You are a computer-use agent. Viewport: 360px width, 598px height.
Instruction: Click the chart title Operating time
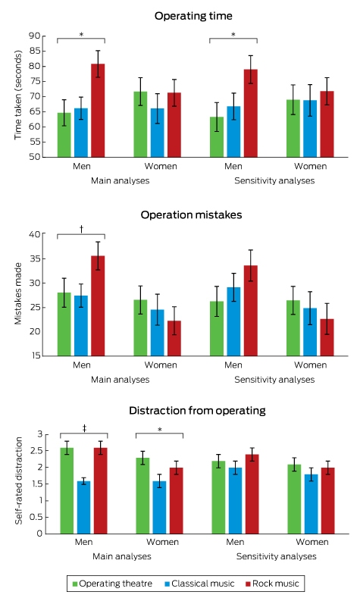click(193, 16)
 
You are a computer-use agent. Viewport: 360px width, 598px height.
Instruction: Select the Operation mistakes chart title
click(191, 215)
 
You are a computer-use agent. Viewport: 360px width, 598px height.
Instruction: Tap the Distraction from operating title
click(197, 411)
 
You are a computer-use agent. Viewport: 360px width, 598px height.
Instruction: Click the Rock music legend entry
click(272, 584)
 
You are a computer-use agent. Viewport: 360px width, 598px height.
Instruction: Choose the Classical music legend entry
click(199, 584)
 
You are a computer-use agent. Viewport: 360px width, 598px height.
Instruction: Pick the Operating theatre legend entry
click(112, 584)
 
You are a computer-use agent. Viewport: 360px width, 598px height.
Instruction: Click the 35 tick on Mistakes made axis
click(34, 258)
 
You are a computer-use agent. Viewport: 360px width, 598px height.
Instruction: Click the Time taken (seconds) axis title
click(18, 95)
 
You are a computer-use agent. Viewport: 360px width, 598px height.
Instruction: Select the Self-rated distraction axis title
click(18, 481)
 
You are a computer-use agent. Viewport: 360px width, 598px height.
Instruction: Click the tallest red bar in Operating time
click(98, 110)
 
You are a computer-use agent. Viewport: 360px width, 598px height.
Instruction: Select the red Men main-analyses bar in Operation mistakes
click(98, 306)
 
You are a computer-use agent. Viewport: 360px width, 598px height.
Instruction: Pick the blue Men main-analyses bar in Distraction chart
click(83, 508)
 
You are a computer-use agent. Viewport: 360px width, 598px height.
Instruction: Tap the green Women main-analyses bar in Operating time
click(140, 124)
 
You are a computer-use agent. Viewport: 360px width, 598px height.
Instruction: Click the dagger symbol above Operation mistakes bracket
click(81, 229)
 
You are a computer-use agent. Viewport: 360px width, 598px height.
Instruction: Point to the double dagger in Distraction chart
click(84, 429)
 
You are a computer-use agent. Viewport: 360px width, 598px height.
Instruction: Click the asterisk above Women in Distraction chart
click(160, 430)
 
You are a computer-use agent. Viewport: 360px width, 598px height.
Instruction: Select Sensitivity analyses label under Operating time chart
click(274, 181)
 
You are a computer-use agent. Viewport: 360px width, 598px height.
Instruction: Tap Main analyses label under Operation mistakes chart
click(121, 380)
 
